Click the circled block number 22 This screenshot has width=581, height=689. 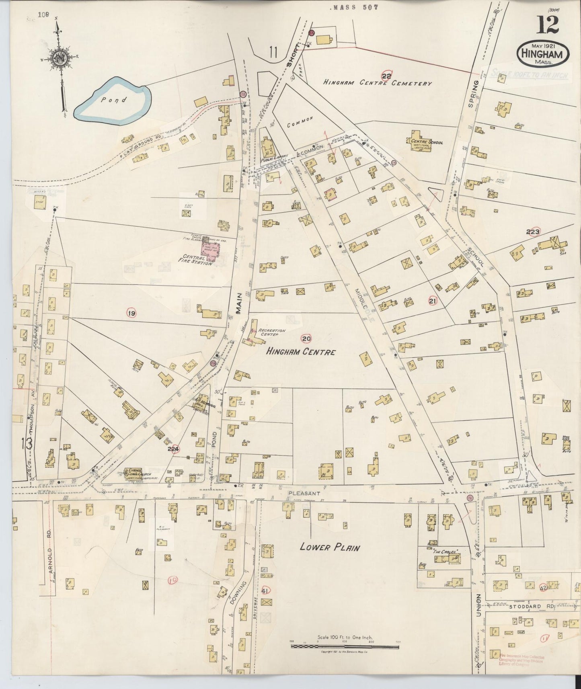pyautogui.click(x=386, y=75)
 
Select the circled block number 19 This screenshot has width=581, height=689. pyautogui.click(x=131, y=313)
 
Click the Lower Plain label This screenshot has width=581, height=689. pyautogui.click(x=330, y=547)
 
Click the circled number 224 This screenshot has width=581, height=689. pyautogui.click(x=173, y=449)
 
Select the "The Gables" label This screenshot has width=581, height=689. pyautogui.click(x=446, y=552)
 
